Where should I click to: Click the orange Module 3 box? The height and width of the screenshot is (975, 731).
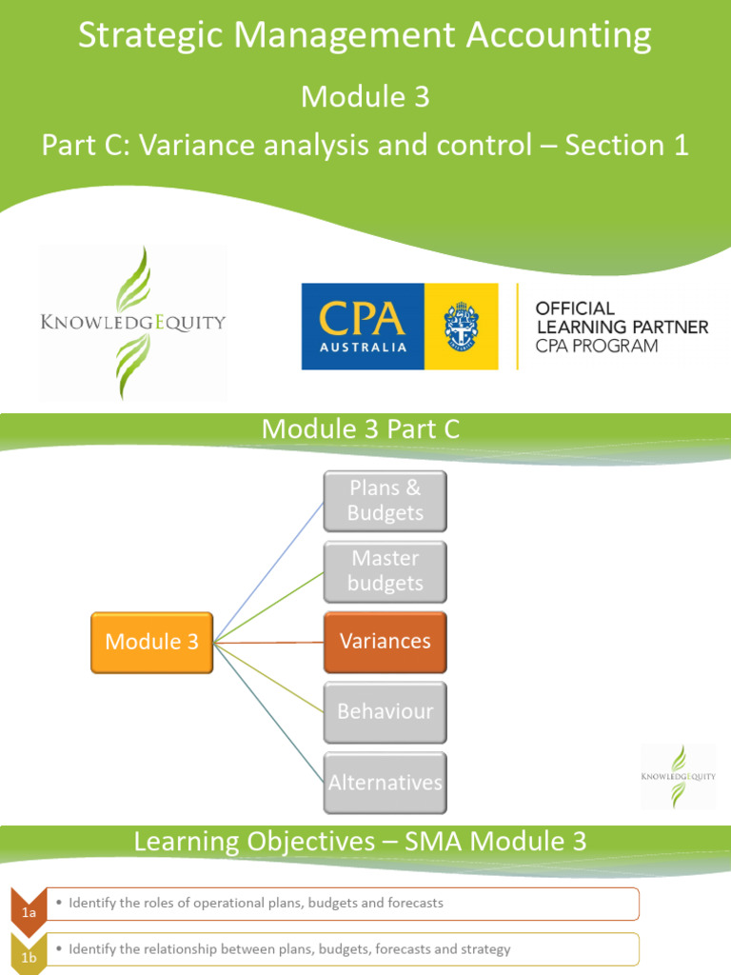(151, 643)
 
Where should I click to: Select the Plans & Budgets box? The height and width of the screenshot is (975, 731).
(385, 501)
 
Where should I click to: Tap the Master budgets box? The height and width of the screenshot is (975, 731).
(385, 571)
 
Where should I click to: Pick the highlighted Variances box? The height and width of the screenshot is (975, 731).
(385, 642)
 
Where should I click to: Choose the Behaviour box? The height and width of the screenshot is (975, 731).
(385, 712)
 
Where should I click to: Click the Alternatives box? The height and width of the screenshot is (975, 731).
(385, 783)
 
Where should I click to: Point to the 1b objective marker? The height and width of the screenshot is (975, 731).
(30, 956)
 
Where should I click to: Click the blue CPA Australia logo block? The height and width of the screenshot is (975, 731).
(363, 327)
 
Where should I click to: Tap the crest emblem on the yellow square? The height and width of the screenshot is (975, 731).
(461, 327)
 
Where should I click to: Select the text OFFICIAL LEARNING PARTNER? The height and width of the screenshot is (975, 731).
(622, 318)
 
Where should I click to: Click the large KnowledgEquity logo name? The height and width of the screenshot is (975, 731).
(132, 322)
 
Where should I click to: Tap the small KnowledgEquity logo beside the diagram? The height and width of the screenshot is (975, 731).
(677, 776)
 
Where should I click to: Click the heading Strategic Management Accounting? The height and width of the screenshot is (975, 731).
(365, 36)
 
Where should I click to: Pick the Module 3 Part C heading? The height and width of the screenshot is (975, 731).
(361, 429)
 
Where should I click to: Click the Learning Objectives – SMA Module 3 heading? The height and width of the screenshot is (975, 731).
(361, 842)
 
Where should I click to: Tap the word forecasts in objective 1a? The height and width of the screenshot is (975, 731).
(411, 903)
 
